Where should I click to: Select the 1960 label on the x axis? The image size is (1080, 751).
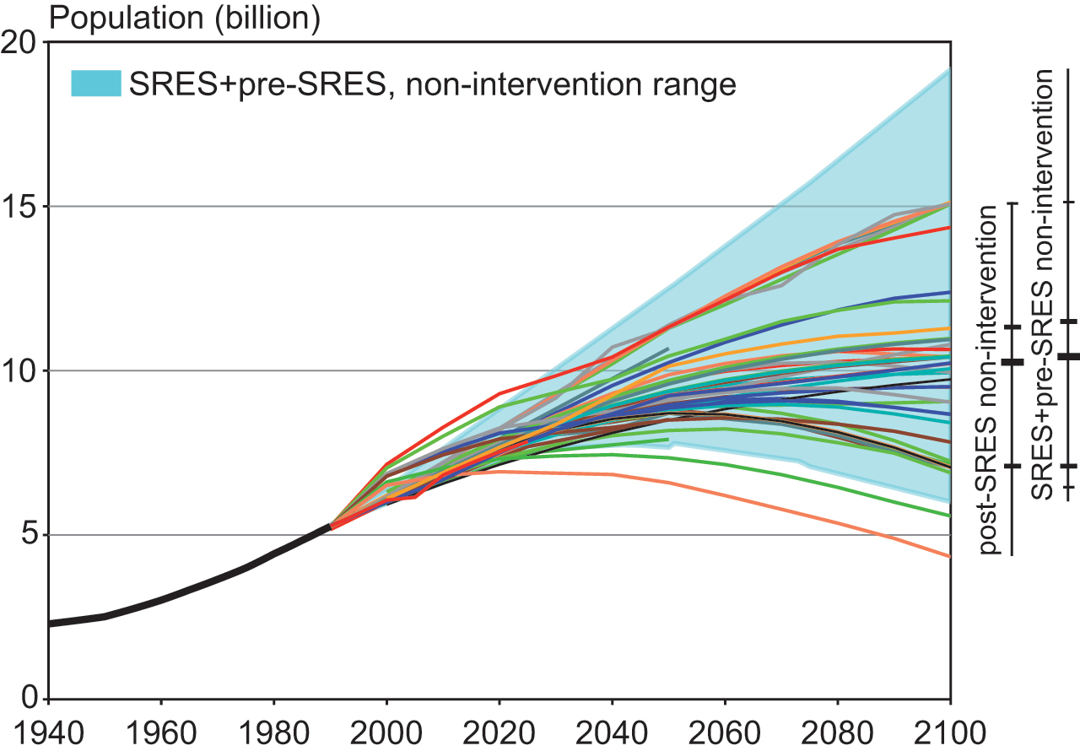point(161,730)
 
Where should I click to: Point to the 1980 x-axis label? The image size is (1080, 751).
point(273,730)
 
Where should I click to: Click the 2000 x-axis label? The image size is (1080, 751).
point(386,730)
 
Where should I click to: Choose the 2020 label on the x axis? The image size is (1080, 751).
point(499,730)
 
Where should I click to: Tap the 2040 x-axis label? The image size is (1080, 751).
point(612,730)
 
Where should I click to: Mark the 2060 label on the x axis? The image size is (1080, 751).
point(725,730)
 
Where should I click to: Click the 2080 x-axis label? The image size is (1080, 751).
point(838,730)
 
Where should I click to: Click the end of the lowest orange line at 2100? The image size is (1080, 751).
point(950,556)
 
